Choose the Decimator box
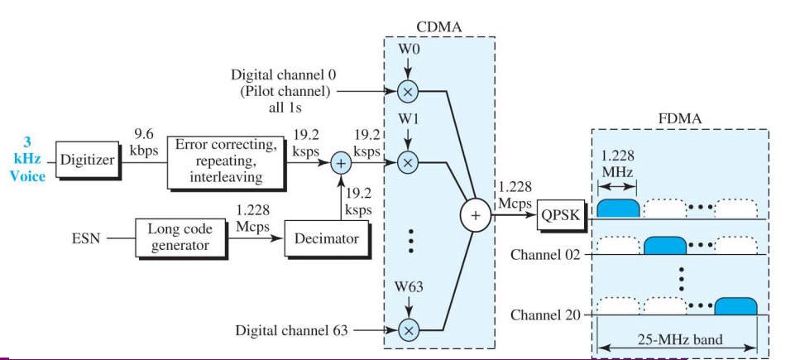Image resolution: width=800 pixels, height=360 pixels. tap(326, 238)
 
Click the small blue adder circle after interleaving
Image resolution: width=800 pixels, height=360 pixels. tap(340, 163)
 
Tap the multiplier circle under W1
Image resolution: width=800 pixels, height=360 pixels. tap(407, 163)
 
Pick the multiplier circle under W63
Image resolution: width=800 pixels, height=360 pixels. tap(407, 330)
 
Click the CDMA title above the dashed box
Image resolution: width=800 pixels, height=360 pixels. tap(438, 26)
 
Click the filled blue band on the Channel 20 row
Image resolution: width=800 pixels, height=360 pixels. tap(735, 305)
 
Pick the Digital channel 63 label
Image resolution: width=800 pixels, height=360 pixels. tap(291, 331)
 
